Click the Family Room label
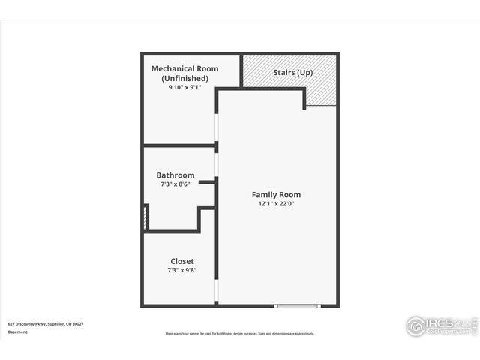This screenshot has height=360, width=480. click(276, 194)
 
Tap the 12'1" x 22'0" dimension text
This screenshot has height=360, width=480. click(276, 203)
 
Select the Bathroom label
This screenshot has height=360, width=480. click(175, 175)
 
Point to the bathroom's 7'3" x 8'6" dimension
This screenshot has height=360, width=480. click(175, 184)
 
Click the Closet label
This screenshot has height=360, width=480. click(181, 261)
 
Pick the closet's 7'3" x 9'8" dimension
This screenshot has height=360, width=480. click(181, 270)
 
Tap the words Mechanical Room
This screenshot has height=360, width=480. click(184, 69)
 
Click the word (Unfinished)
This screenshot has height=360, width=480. click(184, 78)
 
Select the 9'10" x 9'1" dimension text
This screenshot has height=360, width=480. click(184, 87)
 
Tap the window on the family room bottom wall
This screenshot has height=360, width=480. click(298, 305)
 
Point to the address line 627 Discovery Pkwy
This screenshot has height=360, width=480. click(46, 323)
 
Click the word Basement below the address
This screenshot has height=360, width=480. click(17, 331)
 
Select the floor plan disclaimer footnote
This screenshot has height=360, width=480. click(240, 333)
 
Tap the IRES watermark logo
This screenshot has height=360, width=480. click(441, 324)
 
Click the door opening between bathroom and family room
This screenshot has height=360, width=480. click(217, 163)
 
